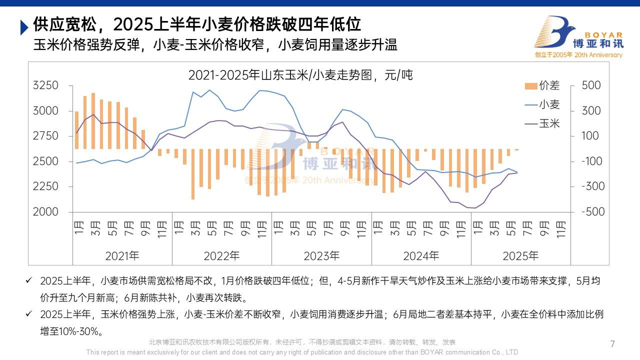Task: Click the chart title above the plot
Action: (300, 75)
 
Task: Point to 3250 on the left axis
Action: (45, 85)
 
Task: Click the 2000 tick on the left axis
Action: (45, 212)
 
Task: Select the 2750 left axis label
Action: (45, 136)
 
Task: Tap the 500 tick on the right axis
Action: (591, 85)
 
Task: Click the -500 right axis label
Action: (593, 212)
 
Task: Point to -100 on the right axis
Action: (593, 161)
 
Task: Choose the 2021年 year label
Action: (122, 256)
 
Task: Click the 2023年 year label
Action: (321, 256)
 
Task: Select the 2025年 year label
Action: (520, 256)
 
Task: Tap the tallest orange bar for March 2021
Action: (93, 120)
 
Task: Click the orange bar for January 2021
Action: (76, 130)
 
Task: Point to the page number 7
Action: (612, 344)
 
